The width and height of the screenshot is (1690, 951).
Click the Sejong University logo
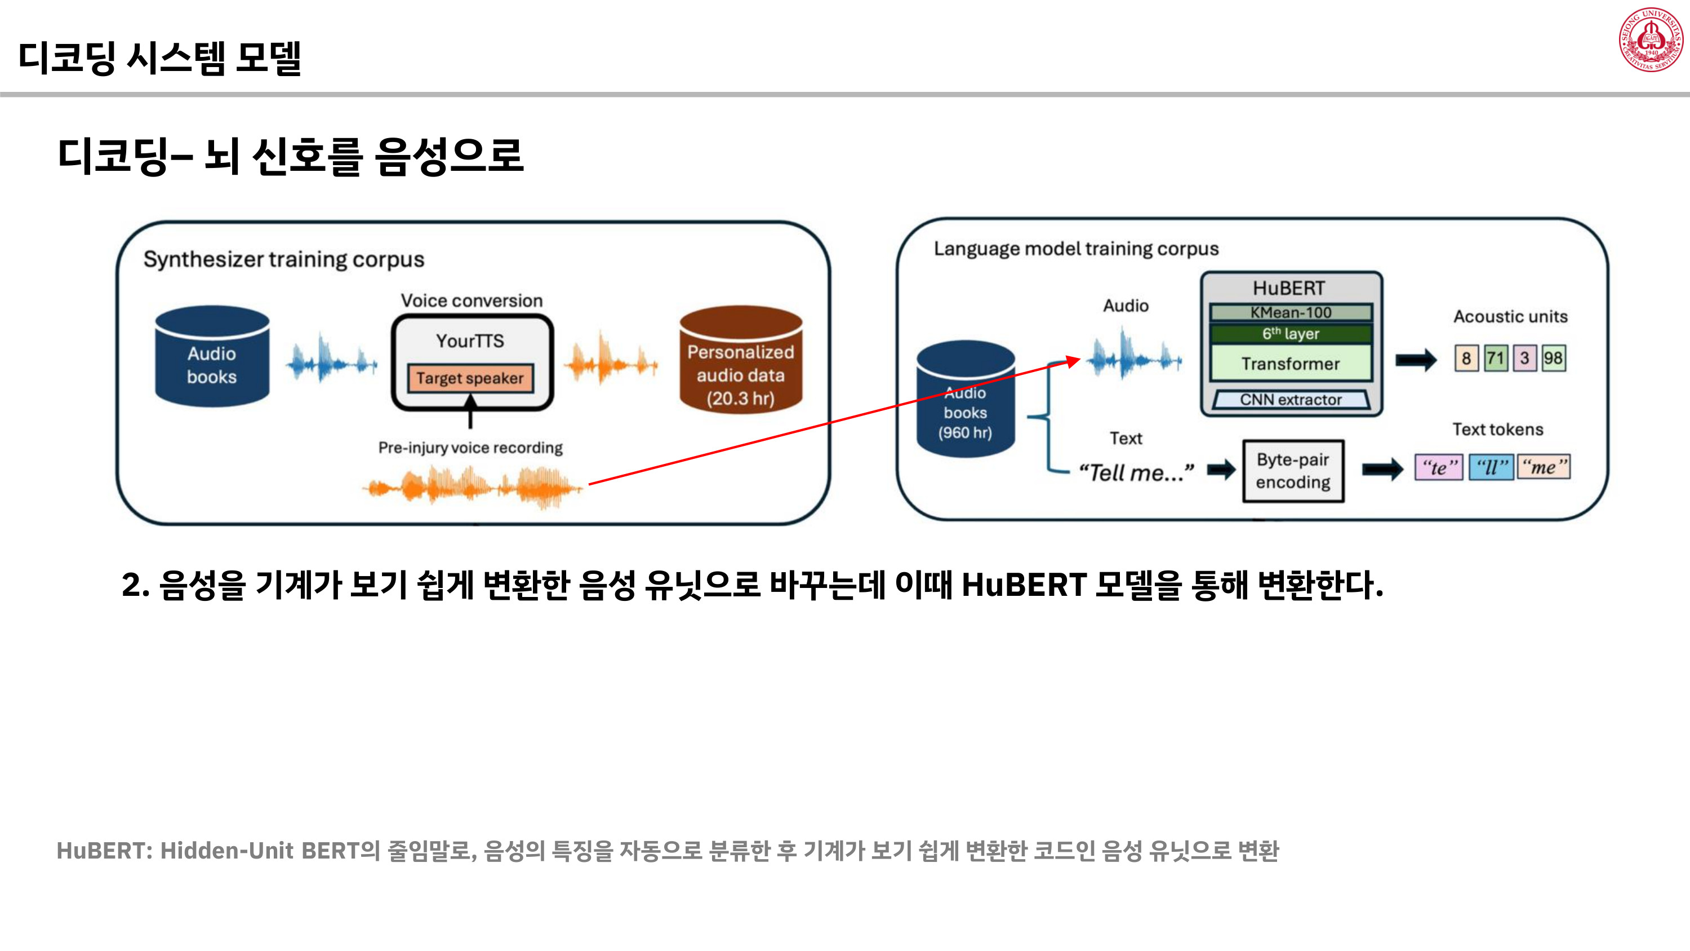(x=1650, y=39)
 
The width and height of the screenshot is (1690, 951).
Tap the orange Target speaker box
(x=470, y=378)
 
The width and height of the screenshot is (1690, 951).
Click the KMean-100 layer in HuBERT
(x=1291, y=312)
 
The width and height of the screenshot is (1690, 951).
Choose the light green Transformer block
(x=1291, y=363)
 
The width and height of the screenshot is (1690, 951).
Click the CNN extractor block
(x=1291, y=399)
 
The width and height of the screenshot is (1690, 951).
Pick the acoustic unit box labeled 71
(x=1495, y=359)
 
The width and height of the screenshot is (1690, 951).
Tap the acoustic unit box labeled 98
(x=1553, y=359)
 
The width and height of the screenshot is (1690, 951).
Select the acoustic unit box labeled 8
(x=1466, y=359)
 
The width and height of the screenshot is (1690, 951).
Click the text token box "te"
(x=1439, y=467)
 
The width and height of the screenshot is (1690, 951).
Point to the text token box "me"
(x=1544, y=467)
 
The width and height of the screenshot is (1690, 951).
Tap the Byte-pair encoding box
(x=1293, y=471)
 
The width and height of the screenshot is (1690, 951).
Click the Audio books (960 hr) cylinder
(x=965, y=400)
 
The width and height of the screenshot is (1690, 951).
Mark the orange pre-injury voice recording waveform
(x=473, y=488)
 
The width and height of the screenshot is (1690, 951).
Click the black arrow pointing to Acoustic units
(x=1416, y=359)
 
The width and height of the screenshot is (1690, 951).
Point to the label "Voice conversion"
(x=472, y=300)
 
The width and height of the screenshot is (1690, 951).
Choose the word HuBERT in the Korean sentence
(x=1024, y=585)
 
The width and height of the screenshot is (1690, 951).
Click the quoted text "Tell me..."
(x=1136, y=472)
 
